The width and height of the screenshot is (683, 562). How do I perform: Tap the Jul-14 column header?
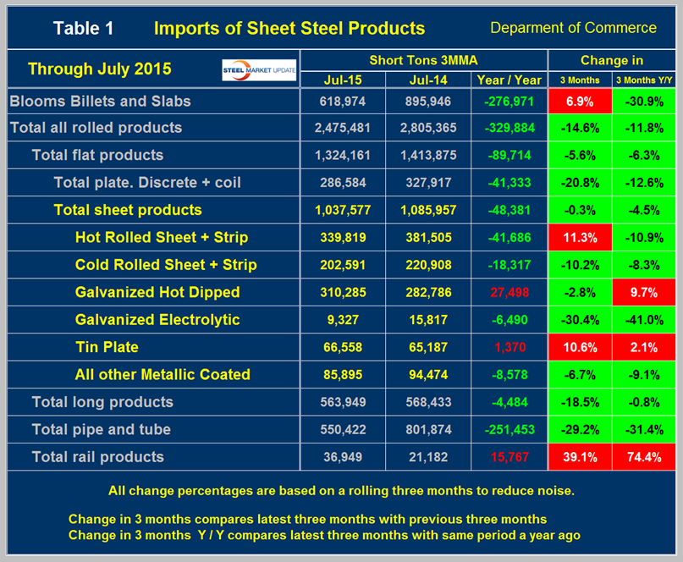(x=427, y=80)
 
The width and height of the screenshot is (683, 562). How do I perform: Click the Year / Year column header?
(x=509, y=80)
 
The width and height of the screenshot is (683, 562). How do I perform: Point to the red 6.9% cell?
(x=579, y=102)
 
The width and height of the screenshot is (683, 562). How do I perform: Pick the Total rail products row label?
(x=98, y=457)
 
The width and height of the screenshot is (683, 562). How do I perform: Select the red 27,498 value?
(x=509, y=292)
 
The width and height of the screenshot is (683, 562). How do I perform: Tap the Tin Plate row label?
(x=107, y=347)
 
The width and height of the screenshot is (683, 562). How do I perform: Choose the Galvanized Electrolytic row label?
(x=157, y=320)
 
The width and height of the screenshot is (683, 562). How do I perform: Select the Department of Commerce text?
(x=573, y=28)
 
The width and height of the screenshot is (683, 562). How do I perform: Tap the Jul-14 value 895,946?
(x=427, y=102)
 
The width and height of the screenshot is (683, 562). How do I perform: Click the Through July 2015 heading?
(x=99, y=69)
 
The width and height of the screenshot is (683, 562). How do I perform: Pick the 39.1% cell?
(x=579, y=457)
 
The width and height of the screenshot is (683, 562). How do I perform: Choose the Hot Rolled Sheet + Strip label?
(x=161, y=237)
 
